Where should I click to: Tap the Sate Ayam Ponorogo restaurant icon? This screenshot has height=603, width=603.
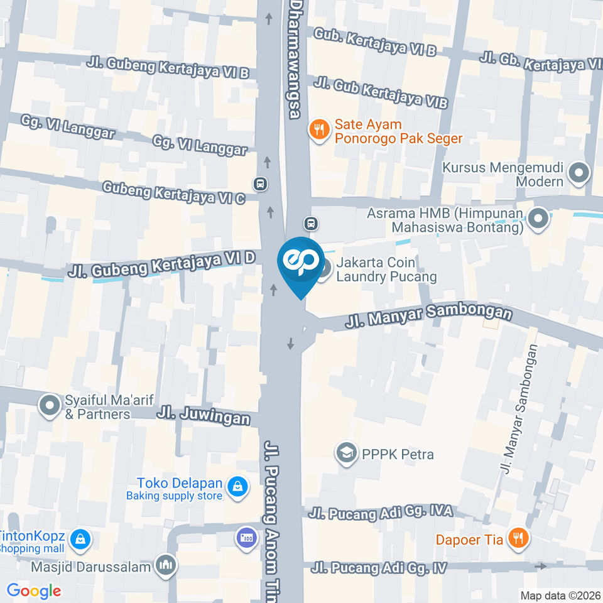pos(320,131)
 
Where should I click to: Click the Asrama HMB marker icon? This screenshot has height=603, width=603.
pos(538,219)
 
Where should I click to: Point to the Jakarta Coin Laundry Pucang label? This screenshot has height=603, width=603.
pos(386,269)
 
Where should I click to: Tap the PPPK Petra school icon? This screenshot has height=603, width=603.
pos(346,454)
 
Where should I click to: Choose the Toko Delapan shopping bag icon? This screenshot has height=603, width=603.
pos(237,487)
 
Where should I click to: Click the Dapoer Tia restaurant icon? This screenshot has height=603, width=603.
pos(518,538)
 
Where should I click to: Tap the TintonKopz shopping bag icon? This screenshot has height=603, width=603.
pos(81,538)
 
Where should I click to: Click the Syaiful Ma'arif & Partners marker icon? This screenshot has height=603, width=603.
pos(50,406)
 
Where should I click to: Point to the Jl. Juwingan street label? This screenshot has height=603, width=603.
pos(204,416)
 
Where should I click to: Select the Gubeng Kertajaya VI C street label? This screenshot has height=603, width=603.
pos(173,193)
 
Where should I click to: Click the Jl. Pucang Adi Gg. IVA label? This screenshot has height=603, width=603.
pos(381,513)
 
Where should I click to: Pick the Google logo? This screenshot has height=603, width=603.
pos(34,590)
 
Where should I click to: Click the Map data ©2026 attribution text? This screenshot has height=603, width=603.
pos(560,595)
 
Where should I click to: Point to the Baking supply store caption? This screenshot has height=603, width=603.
pos(174,496)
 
